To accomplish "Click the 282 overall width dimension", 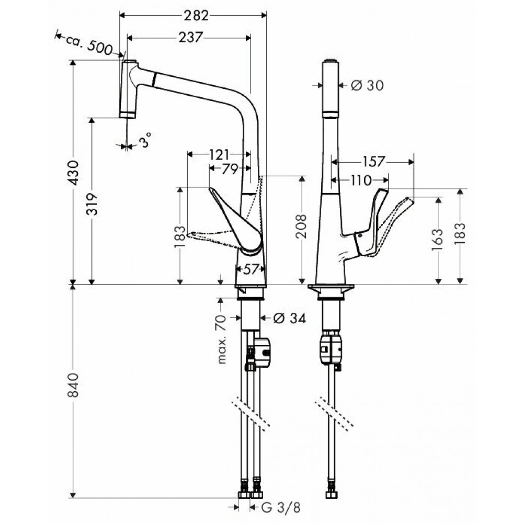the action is click(x=196, y=15).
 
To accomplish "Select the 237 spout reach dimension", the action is click(x=190, y=37).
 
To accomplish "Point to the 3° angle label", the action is click(x=145, y=140).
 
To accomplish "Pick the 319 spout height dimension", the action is click(x=92, y=204).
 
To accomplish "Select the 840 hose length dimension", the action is click(x=73, y=385).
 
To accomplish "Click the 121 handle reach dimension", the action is click(x=219, y=154).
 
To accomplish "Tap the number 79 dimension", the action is click(x=230, y=169).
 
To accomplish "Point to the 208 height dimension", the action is click(x=301, y=226).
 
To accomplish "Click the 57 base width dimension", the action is click(x=251, y=269).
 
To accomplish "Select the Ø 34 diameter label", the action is click(x=289, y=318).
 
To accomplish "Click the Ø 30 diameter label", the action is click(x=367, y=85).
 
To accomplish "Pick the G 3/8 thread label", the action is click(x=281, y=508).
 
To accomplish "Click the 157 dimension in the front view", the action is click(x=373, y=162).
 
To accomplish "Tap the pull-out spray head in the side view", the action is click(x=129, y=89).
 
